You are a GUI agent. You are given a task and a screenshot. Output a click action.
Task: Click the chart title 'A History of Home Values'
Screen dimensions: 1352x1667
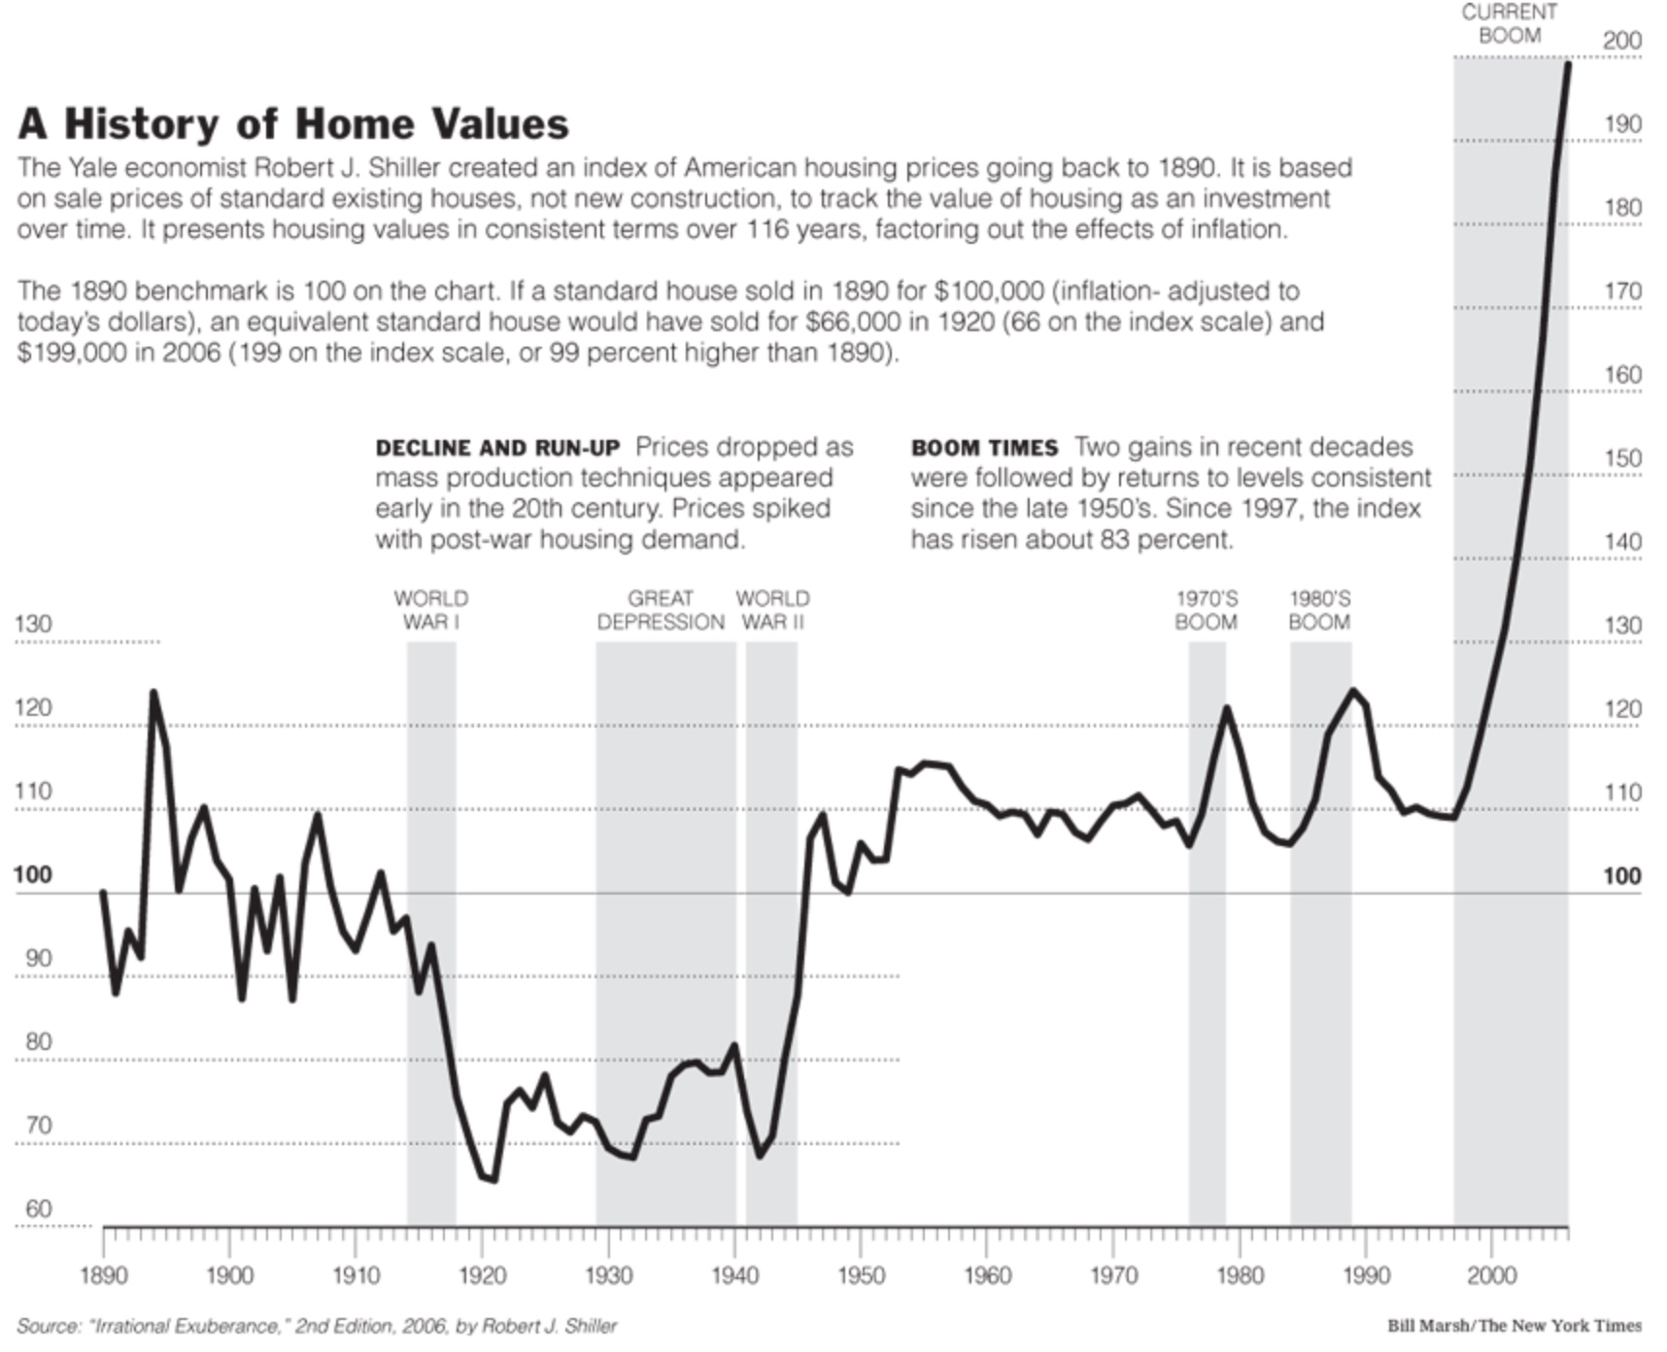coord(293,124)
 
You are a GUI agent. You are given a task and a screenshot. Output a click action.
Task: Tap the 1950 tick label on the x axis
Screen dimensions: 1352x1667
coord(861,1274)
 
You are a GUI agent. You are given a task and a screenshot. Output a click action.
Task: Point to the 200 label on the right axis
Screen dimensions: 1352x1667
coord(1621,41)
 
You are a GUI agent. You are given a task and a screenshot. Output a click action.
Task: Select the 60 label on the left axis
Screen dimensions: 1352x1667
coord(37,1209)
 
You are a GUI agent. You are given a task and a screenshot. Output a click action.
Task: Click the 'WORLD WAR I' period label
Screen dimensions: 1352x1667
coord(430,610)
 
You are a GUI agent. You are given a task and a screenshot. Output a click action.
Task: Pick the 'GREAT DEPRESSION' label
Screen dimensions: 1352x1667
coord(661,610)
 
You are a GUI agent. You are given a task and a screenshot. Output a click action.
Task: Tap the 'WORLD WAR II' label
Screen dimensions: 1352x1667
coord(772,610)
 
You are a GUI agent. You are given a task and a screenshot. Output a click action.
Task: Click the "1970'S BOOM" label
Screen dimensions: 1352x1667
coord(1206,610)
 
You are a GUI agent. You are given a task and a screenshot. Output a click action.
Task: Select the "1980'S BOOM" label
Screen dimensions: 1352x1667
coord(1319,610)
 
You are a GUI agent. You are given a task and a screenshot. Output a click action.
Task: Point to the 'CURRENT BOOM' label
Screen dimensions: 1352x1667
coord(1509,23)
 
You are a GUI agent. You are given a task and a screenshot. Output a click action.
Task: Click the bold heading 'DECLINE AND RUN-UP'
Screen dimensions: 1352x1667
coord(497,449)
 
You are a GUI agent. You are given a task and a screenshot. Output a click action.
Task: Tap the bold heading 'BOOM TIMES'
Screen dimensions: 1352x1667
coord(984,449)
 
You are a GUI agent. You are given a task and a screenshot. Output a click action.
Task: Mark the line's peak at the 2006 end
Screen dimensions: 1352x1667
coord(1567,64)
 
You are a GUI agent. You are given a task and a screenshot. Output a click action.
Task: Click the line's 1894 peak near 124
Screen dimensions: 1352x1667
coord(153,693)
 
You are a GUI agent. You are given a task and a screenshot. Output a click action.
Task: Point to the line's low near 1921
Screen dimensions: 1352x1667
coord(493,1179)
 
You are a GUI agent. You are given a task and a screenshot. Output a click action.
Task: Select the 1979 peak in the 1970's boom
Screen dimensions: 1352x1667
coord(1226,708)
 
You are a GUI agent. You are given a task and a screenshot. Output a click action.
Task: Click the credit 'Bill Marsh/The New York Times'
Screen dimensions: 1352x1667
coord(1514,1326)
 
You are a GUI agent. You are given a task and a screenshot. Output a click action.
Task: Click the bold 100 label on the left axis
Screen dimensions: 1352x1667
coord(32,875)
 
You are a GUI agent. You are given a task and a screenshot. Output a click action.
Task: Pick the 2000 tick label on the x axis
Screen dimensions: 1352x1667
coord(1491,1274)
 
